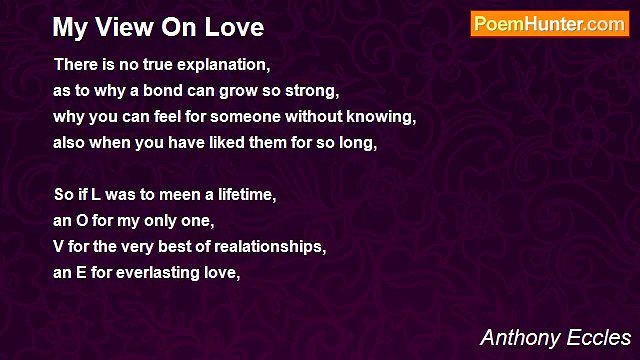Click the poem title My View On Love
(x=158, y=27)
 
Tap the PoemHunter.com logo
(x=549, y=24)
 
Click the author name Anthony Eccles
(x=555, y=337)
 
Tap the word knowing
(x=384, y=116)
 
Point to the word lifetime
(x=243, y=194)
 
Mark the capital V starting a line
(x=59, y=246)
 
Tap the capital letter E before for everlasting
(x=80, y=272)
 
